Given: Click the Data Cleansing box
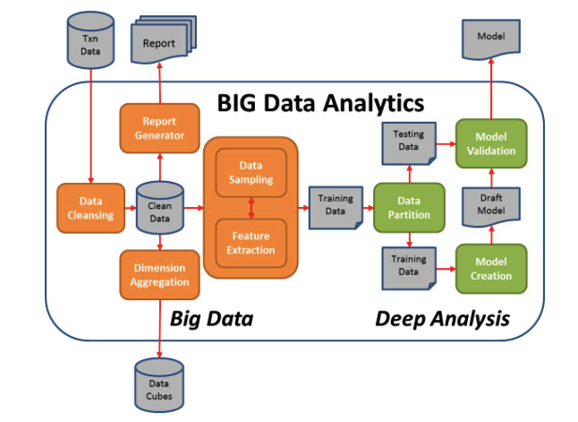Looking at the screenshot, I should (90, 209).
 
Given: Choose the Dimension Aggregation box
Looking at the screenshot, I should (160, 274).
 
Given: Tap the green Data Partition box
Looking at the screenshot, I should (408, 208).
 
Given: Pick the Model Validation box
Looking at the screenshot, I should (490, 143).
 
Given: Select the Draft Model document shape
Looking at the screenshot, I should (490, 207).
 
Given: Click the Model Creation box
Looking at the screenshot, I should (490, 269).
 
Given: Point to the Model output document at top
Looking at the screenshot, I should (490, 39).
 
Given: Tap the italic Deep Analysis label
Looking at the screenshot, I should (442, 317).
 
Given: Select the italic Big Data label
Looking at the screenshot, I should (212, 317).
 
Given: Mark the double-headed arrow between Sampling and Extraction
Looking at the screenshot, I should (251, 208).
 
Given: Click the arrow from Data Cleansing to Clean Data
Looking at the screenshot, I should (129, 209).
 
